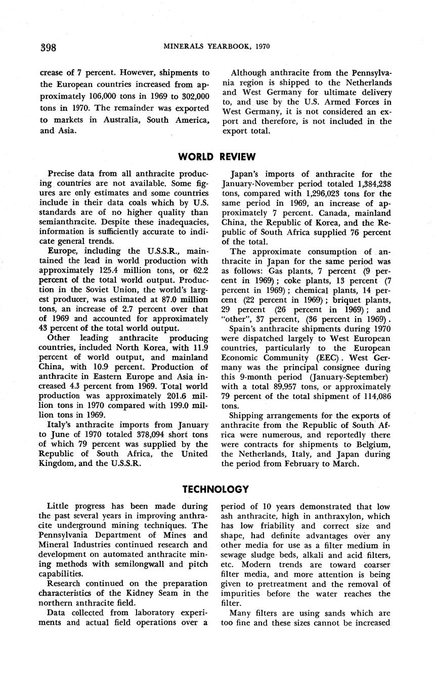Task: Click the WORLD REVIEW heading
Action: [217, 156]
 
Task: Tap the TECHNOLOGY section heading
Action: [215, 489]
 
